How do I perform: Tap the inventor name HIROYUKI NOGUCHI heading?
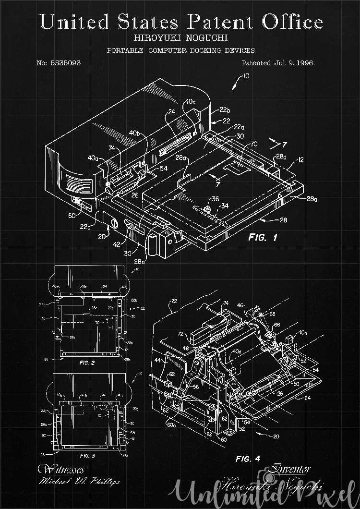[x=180, y=37]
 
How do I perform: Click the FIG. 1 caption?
[x=263, y=237]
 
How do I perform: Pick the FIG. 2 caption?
[x=87, y=363]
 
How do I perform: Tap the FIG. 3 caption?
[x=87, y=455]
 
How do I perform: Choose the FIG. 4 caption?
[x=248, y=459]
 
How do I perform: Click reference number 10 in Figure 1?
[x=246, y=76]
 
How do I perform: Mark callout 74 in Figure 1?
[x=111, y=149]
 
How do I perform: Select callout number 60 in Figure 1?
[x=72, y=216]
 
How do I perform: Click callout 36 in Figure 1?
[x=215, y=199]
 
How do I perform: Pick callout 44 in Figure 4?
[x=158, y=360]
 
